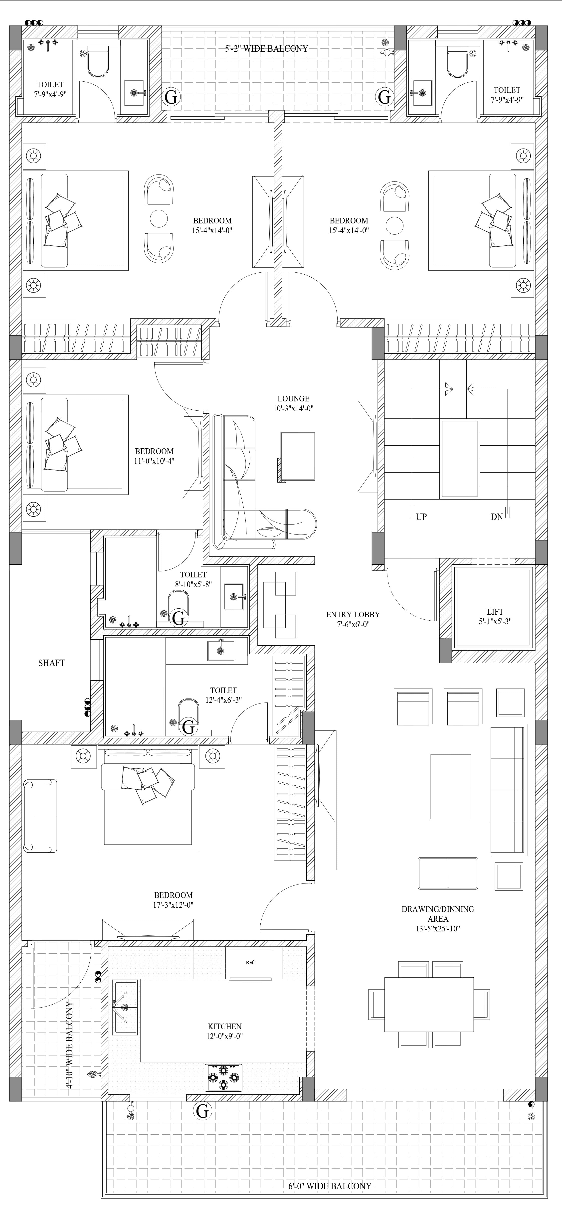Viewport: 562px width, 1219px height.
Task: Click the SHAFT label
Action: (x=52, y=663)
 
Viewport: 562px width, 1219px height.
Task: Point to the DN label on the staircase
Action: (x=497, y=517)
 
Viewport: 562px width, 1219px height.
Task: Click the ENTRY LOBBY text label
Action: (x=353, y=614)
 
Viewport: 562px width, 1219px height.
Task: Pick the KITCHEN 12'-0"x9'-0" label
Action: (x=225, y=1031)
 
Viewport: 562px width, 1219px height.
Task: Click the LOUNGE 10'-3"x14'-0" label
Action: (x=293, y=403)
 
